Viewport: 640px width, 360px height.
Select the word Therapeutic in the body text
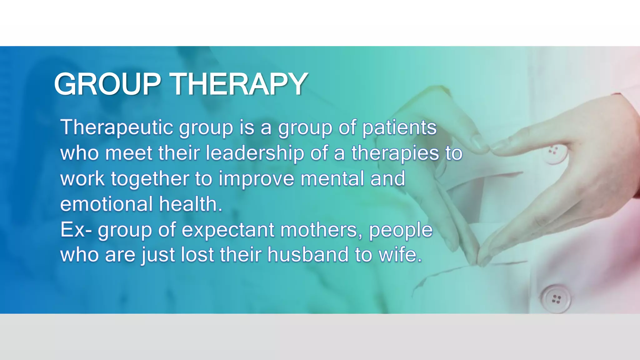(x=117, y=127)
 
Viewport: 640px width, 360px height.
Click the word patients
(x=399, y=128)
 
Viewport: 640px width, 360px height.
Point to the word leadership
(x=254, y=153)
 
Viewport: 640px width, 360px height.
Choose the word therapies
(x=395, y=154)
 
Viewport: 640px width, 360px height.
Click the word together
(x=150, y=179)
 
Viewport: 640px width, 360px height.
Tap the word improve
(x=256, y=179)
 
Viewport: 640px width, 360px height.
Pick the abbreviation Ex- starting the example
(x=76, y=230)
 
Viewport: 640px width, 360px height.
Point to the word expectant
(x=227, y=230)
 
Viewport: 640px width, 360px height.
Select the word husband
(x=307, y=255)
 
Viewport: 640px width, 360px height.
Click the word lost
(x=197, y=255)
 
